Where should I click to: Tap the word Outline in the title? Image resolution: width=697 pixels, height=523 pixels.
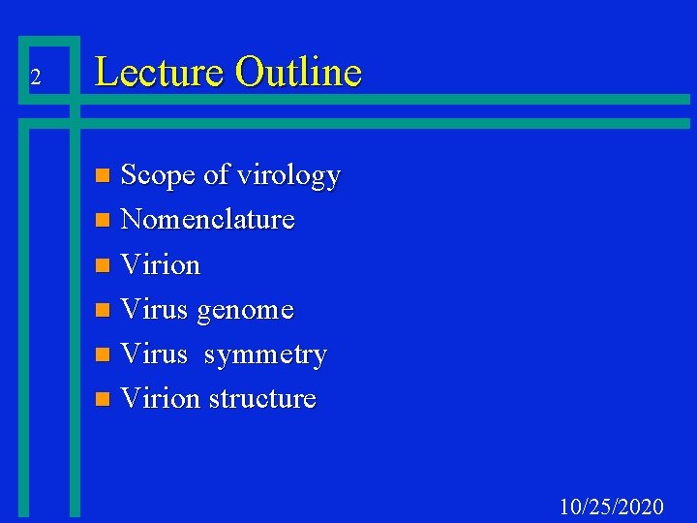tap(298, 73)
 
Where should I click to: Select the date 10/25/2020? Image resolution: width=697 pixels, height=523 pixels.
tap(612, 507)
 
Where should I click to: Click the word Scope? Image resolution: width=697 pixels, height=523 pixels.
tap(158, 175)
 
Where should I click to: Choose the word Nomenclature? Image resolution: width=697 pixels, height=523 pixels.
tap(207, 220)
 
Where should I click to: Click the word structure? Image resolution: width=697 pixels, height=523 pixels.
tap(262, 399)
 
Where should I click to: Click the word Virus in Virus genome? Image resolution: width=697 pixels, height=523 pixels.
tap(154, 310)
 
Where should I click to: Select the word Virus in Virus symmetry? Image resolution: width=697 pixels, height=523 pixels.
tap(154, 354)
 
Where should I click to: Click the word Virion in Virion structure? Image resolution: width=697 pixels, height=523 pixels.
tap(160, 399)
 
